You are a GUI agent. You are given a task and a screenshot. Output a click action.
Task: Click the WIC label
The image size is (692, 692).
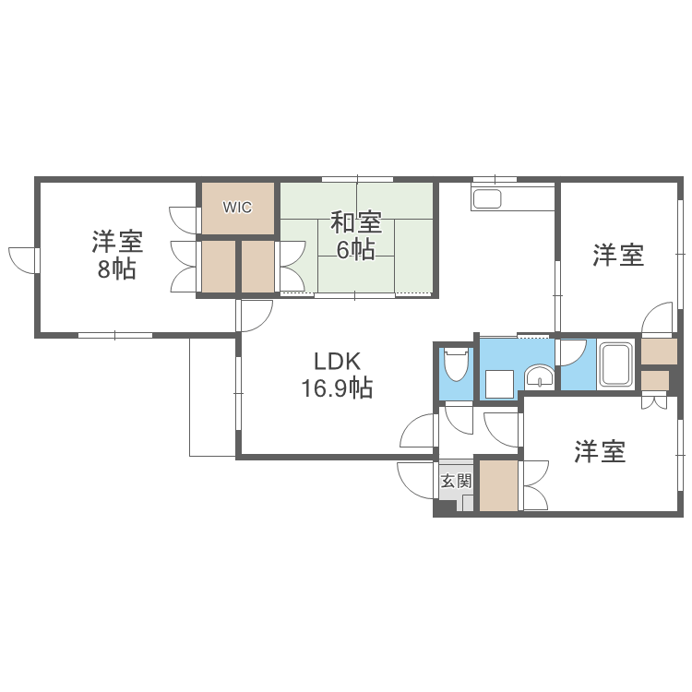(x=237, y=208)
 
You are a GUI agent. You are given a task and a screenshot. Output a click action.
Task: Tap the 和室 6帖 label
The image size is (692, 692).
(x=356, y=236)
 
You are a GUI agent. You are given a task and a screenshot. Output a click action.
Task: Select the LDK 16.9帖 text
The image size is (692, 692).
(x=336, y=375)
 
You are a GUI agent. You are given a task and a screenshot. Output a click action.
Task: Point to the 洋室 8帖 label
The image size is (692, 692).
(x=116, y=257)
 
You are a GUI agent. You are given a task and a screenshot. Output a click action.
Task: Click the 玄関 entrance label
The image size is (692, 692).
(x=455, y=481)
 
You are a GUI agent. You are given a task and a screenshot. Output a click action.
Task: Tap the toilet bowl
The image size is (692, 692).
(x=454, y=365)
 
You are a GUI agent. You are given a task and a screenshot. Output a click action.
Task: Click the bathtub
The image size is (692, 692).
(x=615, y=364)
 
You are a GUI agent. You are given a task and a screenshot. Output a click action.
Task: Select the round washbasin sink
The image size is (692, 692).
(x=539, y=376)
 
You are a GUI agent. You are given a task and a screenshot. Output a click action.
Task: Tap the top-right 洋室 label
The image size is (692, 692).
(x=618, y=256)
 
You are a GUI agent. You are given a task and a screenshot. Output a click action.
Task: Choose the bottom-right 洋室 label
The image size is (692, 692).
(x=601, y=452)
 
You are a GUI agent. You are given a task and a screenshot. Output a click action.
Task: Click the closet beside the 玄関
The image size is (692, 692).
(x=498, y=485)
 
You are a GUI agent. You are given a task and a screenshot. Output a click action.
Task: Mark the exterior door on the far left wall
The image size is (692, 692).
(x=23, y=259)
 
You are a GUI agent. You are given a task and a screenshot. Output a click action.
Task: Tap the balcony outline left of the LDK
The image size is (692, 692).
(x=213, y=396)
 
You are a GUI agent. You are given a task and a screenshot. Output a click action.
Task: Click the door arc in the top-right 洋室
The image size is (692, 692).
(x=659, y=318)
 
